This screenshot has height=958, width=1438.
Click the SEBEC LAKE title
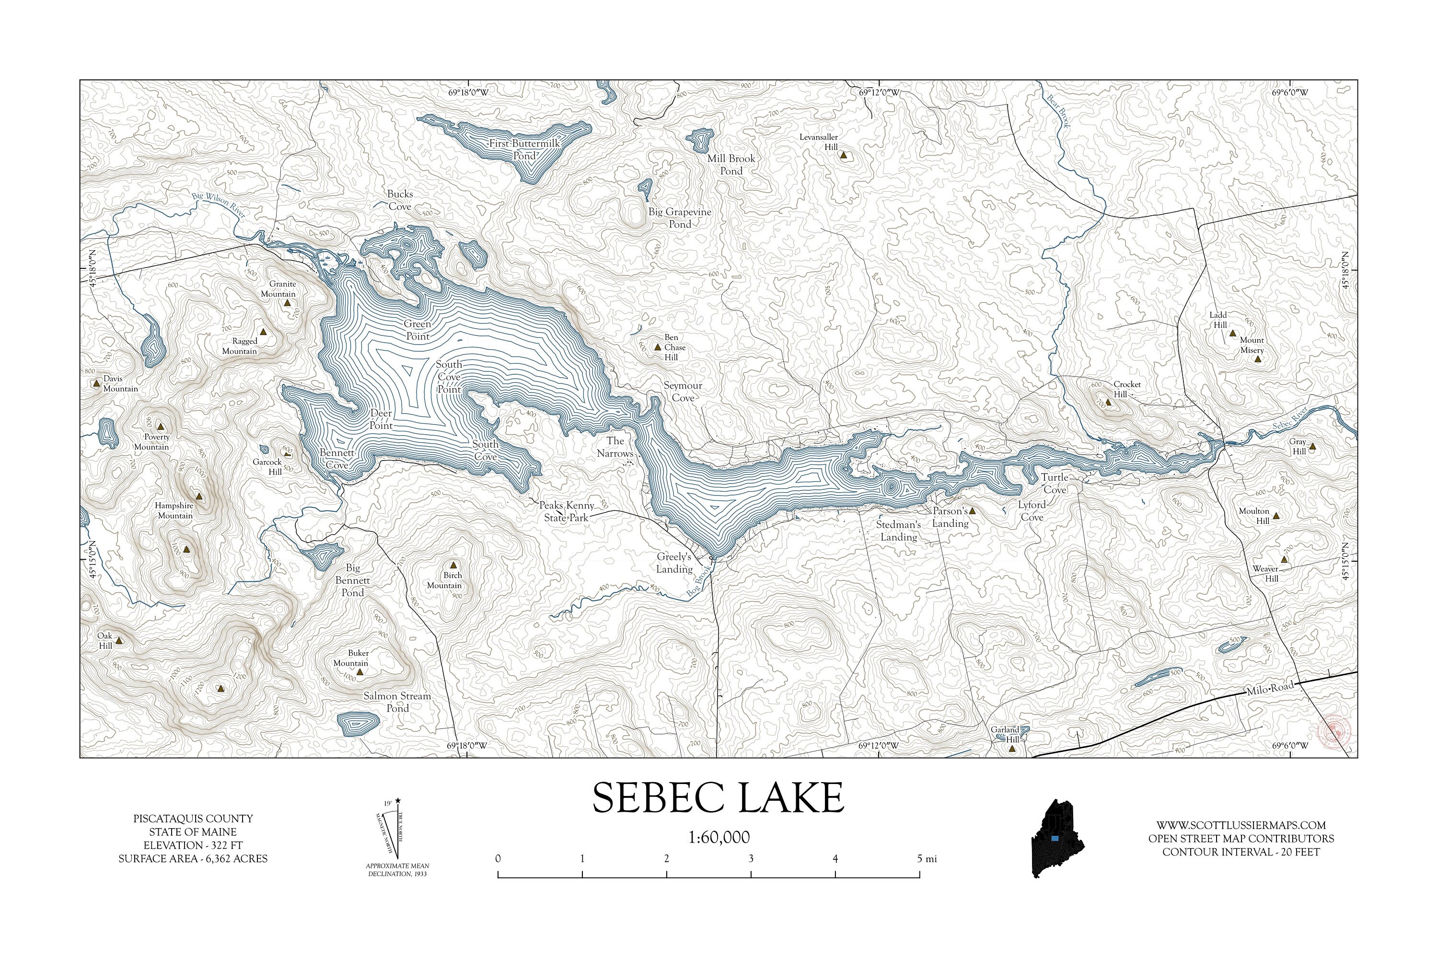pos(718,797)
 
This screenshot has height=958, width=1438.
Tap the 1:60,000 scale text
pos(719,837)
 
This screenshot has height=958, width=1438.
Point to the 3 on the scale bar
pos(751,858)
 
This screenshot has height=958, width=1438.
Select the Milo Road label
pos(1269,688)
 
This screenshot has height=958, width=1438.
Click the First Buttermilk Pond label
pos(524,150)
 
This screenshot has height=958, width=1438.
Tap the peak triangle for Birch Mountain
pos(453,565)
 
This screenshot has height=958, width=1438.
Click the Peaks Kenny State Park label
pos(567,511)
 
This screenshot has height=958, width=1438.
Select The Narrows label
pos(615,447)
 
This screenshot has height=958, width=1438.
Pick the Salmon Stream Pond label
pos(397,702)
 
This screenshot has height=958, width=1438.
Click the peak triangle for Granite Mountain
pos(287,302)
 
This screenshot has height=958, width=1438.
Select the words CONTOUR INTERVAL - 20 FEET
pos(1241,852)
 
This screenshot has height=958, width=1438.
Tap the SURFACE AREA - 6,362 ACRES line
pos(193,858)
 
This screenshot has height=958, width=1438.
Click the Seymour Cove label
pos(683,392)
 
